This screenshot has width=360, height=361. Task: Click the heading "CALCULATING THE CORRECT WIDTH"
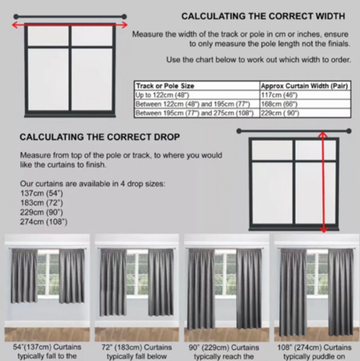263,16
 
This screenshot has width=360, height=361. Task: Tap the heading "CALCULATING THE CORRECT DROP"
100,137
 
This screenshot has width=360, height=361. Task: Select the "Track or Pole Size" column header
165,86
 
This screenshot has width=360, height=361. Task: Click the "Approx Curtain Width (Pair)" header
304,86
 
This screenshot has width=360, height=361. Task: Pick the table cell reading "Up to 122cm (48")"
163,95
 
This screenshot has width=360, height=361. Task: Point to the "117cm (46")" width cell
280,95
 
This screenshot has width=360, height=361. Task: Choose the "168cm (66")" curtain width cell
280,104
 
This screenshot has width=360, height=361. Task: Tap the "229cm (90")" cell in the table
280,113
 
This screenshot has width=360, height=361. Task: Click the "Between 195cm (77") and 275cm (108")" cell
195,113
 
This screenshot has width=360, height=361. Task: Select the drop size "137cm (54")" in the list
42,193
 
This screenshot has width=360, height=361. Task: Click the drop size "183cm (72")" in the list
42,203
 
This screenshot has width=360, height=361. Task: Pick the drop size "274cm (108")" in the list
44,222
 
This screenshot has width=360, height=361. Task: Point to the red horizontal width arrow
70,25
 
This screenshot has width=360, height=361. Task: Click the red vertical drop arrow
323,182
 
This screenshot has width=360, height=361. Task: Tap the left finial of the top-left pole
16,16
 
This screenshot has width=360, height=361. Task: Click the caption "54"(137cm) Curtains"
47,347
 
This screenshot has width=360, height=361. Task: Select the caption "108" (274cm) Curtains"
314,347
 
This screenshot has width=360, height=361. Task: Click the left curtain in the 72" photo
113,282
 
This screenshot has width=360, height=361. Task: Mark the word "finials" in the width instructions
339,44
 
